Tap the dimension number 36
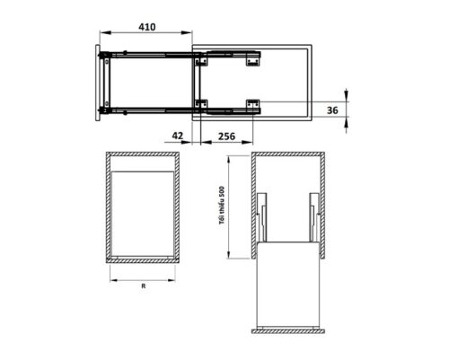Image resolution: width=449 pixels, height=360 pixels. pos(333,110)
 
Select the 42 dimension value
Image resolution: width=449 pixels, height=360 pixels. pos(177,136)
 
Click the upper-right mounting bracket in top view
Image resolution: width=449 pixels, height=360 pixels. pos(254,60)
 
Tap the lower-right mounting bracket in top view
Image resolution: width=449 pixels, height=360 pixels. pos(254,103)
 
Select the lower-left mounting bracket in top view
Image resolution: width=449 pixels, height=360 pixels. pos(201,103)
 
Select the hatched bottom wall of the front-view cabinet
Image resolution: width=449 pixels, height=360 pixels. pos(144,260)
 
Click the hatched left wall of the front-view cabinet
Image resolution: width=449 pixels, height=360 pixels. pos(108,206)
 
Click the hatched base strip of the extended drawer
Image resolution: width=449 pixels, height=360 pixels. pos(287,329)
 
